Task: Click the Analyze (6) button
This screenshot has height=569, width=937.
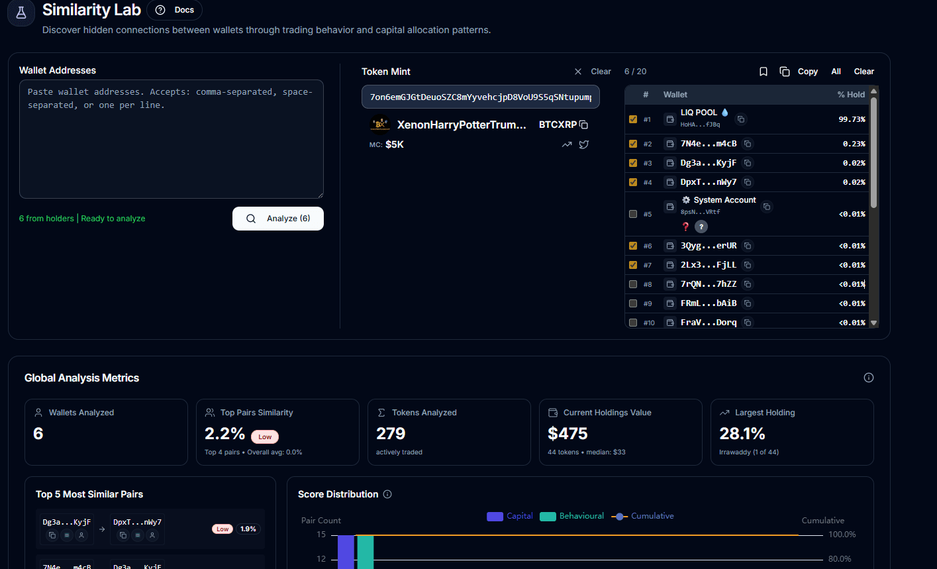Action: click(278, 219)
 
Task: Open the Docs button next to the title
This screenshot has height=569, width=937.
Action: click(175, 10)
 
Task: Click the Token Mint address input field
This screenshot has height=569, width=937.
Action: click(480, 97)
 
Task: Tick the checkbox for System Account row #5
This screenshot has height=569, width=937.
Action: click(633, 214)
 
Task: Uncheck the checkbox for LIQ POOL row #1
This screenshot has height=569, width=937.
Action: click(633, 119)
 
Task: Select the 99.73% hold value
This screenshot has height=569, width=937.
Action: click(852, 119)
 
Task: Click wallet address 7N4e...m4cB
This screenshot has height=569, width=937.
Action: click(708, 144)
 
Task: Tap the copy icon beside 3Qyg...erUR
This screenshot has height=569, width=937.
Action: click(748, 246)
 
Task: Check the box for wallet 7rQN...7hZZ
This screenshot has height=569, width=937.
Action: click(633, 284)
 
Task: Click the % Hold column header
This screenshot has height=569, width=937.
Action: click(851, 95)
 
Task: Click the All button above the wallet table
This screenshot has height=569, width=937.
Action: click(836, 72)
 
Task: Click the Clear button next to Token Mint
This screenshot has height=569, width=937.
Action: click(601, 72)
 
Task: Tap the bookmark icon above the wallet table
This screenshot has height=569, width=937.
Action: click(764, 72)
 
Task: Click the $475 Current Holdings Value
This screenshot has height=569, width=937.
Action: click(567, 433)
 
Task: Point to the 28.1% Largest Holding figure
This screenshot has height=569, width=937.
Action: click(742, 433)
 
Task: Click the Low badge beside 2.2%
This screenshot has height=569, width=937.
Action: click(265, 437)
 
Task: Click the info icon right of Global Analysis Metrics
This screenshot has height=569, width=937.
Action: click(869, 378)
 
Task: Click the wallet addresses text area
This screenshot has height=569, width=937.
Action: click(171, 139)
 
